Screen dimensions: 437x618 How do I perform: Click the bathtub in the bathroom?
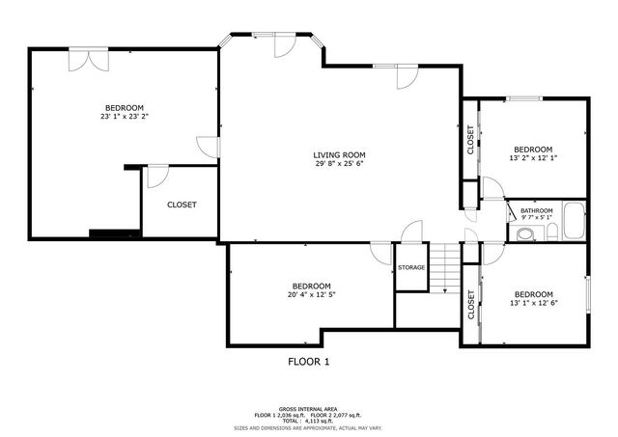coord(575,222)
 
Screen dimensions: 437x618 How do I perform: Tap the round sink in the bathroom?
coord(524,233)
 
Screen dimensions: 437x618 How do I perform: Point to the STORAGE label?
coord(411,268)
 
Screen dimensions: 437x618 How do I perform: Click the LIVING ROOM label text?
coord(339,154)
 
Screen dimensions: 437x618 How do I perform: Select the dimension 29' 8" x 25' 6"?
coord(339,164)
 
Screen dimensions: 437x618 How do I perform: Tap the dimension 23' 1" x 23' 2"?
coord(124,117)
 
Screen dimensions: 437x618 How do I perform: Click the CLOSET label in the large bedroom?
coord(182,205)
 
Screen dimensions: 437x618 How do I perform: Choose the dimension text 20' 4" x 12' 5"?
coord(312,295)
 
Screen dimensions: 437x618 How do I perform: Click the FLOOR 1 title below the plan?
coord(309,362)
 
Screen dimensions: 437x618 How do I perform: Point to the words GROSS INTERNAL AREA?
coord(309,408)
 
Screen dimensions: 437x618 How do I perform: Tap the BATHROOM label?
coord(537,210)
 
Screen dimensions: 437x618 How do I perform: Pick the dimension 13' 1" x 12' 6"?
coord(533,303)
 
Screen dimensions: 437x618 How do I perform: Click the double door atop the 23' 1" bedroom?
coord(88,58)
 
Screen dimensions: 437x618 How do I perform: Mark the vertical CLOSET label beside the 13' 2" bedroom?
coord(470,141)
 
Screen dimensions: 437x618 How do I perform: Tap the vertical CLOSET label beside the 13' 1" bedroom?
coord(470,305)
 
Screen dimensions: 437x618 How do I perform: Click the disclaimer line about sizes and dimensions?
coord(309,426)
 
